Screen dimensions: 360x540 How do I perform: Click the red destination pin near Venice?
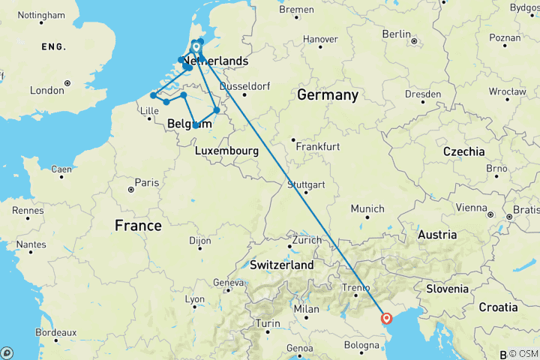click(x=386, y=318)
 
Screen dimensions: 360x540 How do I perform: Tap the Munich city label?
click(x=367, y=208)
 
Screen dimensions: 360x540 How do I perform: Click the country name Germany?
click(x=328, y=95)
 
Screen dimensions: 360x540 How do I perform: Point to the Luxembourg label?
click(x=226, y=151)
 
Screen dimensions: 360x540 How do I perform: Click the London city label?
click(x=46, y=90)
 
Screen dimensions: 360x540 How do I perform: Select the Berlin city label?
click(x=396, y=34)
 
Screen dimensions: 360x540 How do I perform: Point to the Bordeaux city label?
click(x=55, y=332)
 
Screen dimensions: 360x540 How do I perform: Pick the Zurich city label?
click(x=307, y=241)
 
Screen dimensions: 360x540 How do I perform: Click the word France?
click(x=139, y=225)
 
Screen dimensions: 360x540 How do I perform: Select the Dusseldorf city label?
click(x=245, y=85)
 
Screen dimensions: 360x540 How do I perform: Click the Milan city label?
click(x=307, y=309)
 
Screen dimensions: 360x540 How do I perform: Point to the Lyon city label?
click(x=194, y=298)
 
